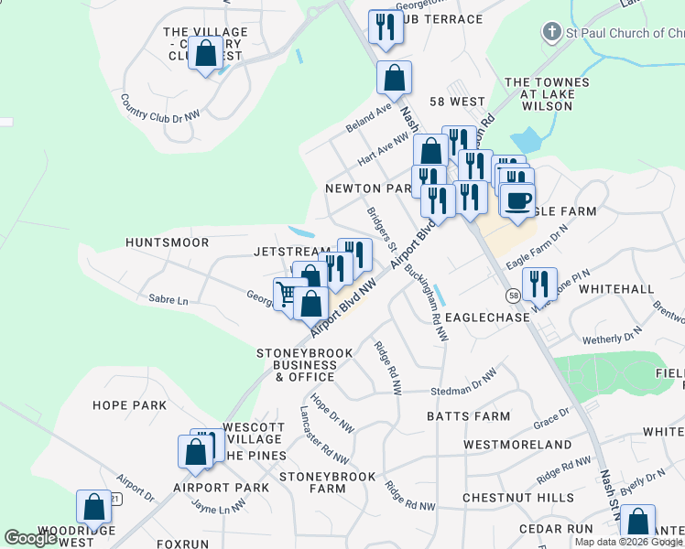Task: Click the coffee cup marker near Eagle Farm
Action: coord(517,200)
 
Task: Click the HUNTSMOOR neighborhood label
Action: coord(168,242)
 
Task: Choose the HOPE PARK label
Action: coord(129,405)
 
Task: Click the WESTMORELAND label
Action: coord(517,445)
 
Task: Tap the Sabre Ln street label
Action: coord(169,300)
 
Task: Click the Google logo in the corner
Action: coord(31,538)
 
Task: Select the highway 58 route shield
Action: coord(515,296)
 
